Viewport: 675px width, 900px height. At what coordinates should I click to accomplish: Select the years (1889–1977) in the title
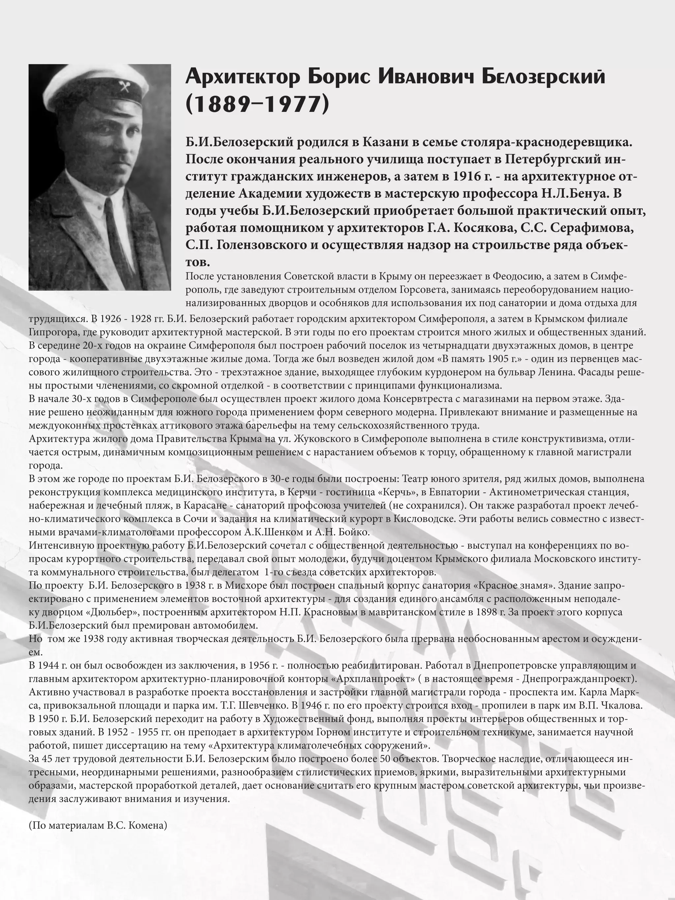tap(257, 104)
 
